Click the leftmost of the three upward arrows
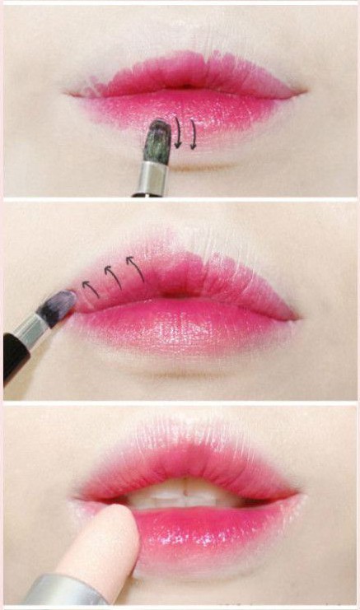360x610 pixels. (91, 289)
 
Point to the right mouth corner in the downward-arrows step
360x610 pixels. (301, 91)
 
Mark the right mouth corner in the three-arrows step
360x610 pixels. (297, 317)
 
